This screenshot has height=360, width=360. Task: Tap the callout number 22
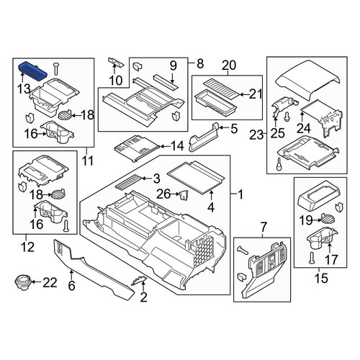50,282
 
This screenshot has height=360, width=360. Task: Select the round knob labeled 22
23,282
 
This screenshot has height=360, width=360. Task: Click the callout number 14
177,146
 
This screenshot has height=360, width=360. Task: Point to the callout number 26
163,194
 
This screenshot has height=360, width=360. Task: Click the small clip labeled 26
183,194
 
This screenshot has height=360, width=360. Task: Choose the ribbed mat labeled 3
128,182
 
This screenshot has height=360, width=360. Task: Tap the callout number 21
256,94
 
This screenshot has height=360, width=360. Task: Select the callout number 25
277,133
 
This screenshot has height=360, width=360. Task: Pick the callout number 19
306,220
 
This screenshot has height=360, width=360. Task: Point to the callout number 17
331,260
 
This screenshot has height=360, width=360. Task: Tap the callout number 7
264,226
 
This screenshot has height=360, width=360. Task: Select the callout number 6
71,286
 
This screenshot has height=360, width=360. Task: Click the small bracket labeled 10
116,63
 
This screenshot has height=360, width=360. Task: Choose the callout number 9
173,66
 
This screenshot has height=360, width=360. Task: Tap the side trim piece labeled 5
204,138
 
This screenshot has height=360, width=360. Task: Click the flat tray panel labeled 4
196,177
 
